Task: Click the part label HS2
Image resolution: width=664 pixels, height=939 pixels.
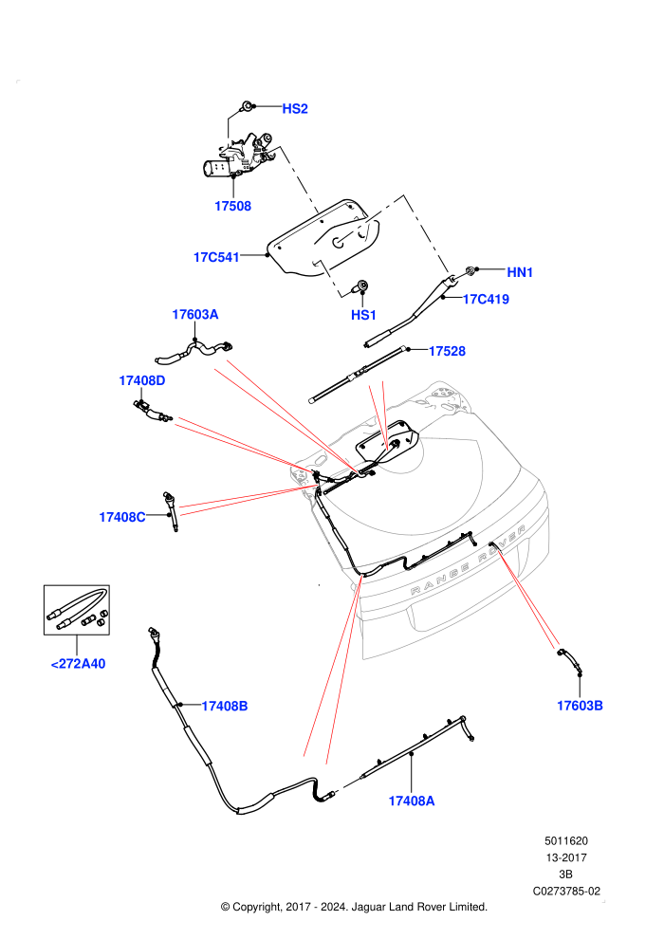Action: (x=295, y=108)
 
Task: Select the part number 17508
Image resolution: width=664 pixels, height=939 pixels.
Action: (x=233, y=206)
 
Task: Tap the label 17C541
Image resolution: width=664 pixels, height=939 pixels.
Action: (x=216, y=257)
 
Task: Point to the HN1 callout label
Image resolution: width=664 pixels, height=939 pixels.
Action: (x=520, y=272)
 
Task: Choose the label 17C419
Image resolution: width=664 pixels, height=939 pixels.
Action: (x=486, y=300)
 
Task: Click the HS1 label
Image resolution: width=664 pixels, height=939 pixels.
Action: (x=363, y=315)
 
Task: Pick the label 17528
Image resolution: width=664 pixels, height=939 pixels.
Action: (x=447, y=352)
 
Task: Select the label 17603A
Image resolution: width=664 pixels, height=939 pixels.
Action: (x=195, y=314)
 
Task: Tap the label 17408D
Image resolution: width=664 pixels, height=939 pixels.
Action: (x=142, y=381)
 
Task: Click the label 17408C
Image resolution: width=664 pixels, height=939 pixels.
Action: (x=122, y=518)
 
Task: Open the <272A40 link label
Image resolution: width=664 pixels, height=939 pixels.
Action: (x=78, y=664)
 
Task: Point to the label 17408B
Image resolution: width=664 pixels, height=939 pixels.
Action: (x=225, y=706)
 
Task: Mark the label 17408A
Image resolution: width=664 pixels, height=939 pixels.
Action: (x=412, y=801)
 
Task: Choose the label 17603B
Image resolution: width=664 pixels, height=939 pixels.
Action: (x=580, y=706)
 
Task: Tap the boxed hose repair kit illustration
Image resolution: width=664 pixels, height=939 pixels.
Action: (x=77, y=610)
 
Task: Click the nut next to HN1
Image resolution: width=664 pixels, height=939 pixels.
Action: (x=471, y=270)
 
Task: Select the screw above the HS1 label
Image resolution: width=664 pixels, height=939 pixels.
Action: (x=361, y=286)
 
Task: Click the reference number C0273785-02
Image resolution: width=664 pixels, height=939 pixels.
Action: (x=566, y=891)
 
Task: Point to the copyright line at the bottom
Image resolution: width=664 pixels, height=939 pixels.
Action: (x=354, y=908)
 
